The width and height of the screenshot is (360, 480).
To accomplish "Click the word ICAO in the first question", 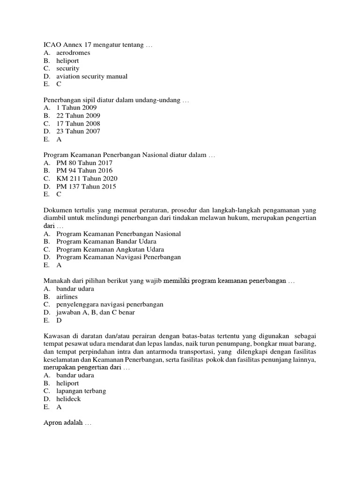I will [52, 45].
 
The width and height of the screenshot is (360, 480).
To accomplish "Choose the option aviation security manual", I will [91, 76].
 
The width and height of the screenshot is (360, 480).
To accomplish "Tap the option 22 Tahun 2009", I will [78, 116].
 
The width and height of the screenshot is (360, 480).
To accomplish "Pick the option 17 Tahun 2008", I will [78, 124].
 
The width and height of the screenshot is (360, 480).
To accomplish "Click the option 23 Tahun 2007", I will [78, 132].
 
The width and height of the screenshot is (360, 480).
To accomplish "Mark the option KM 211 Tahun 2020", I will [87, 179].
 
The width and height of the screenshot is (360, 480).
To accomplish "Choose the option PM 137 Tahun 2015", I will [86, 187].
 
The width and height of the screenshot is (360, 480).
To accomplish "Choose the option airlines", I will [67, 297].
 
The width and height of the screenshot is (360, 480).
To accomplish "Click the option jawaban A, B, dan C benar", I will [95, 312].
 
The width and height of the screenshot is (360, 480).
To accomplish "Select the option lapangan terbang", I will [81, 391].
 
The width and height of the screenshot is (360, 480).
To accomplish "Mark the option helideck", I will [68, 399].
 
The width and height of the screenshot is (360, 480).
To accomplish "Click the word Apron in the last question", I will [53, 423].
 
